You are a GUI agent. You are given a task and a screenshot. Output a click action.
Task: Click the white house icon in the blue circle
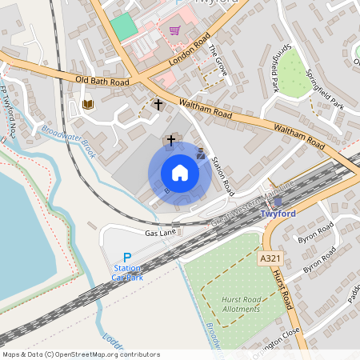point(179,172)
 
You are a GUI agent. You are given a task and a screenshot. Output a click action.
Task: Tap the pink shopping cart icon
point(174,31)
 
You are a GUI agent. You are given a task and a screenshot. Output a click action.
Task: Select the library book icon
point(88,104)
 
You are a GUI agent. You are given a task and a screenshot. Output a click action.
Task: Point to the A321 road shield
point(270,259)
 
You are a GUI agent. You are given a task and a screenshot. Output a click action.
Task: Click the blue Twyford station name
point(279,214)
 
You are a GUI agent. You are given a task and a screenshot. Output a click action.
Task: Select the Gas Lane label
point(160,232)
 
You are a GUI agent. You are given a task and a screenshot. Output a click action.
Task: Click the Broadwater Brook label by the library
point(68,141)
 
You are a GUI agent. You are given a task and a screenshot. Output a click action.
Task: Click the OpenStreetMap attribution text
point(80,354)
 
